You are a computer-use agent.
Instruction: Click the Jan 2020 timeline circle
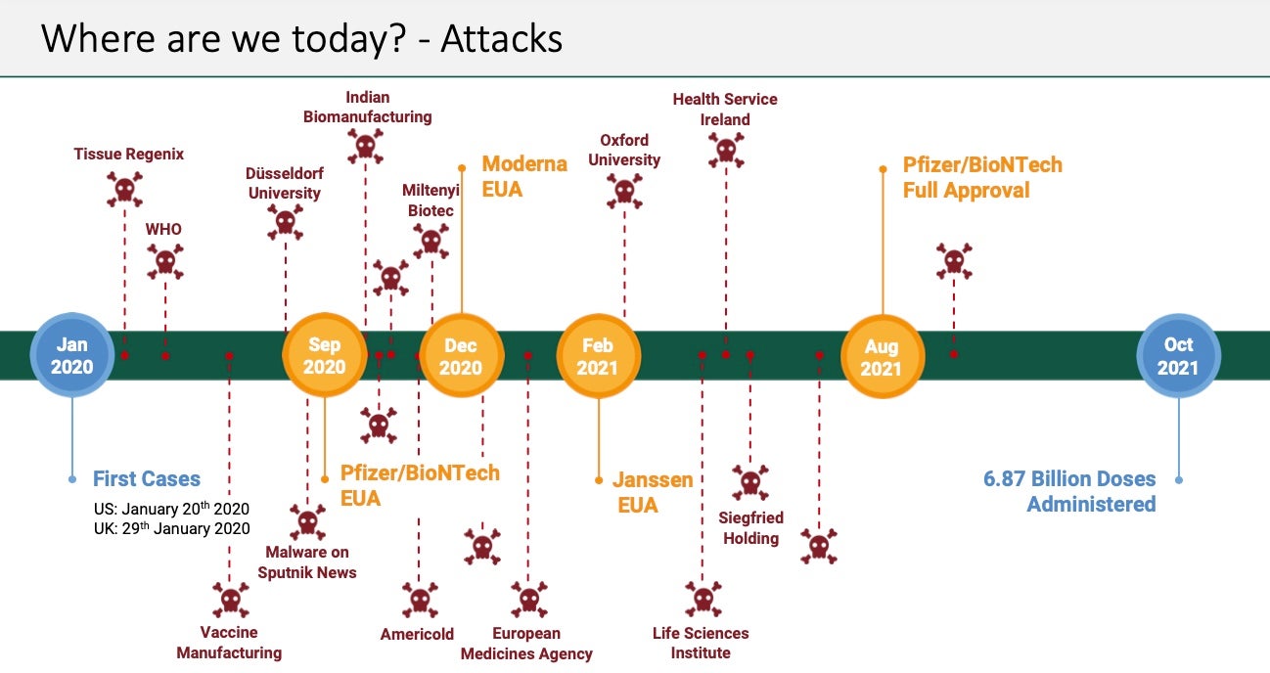tap(71, 355)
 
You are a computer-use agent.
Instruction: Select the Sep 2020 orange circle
tap(324, 356)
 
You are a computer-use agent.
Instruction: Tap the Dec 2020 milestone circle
tap(461, 356)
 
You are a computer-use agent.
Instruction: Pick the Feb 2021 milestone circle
tap(598, 356)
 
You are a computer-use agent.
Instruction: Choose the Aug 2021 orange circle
tap(883, 356)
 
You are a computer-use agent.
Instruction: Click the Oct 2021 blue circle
tap(1178, 356)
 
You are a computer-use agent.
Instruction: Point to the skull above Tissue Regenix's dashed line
tap(124, 190)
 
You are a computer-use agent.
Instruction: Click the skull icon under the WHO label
tap(164, 262)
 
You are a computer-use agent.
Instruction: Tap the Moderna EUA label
tap(524, 176)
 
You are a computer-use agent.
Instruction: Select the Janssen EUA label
tap(653, 492)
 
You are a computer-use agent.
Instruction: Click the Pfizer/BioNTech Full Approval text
tap(981, 177)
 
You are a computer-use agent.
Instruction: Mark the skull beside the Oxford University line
tap(624, 192)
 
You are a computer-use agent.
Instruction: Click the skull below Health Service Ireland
tap(725, 151)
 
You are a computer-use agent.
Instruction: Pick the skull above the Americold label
tap(419, 599)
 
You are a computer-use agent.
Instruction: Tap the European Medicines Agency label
tap(526, 644)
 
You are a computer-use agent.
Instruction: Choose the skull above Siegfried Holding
tap(750, 482)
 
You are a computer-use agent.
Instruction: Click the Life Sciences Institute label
tap(701, 643)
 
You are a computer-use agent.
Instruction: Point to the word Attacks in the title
tap(501, 38)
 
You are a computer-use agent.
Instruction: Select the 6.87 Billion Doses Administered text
tap(1069, 492)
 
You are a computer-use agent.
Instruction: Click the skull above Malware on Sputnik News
tap(307, 520)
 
